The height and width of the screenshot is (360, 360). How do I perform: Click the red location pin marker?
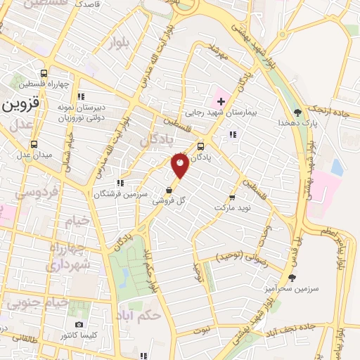click(180, 165)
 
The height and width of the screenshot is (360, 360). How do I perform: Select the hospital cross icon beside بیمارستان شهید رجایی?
click(220, 101)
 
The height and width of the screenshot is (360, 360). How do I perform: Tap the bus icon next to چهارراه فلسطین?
click(44, 73)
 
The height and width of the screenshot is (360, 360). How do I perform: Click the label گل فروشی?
click(172, 202)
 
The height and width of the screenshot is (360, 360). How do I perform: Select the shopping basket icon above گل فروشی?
click(169, 191)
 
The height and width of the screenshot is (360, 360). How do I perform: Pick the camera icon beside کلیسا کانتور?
click(79, 324)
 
